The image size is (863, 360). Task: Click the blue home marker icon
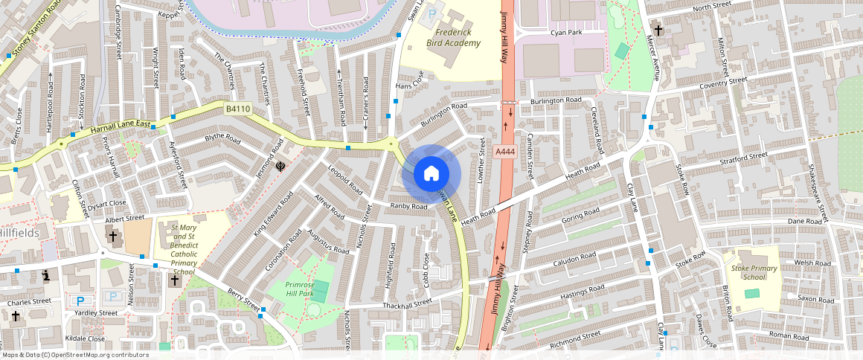431,174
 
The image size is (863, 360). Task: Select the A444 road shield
505,152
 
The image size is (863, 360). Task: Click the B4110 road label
238,109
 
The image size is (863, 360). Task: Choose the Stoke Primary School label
749,272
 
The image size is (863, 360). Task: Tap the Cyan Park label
565,33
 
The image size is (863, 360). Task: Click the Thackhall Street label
406,303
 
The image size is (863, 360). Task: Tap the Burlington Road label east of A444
555,100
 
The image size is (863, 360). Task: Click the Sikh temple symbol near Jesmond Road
280,167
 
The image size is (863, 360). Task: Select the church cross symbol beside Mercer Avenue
658,31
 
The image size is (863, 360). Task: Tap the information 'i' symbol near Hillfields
46,275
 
